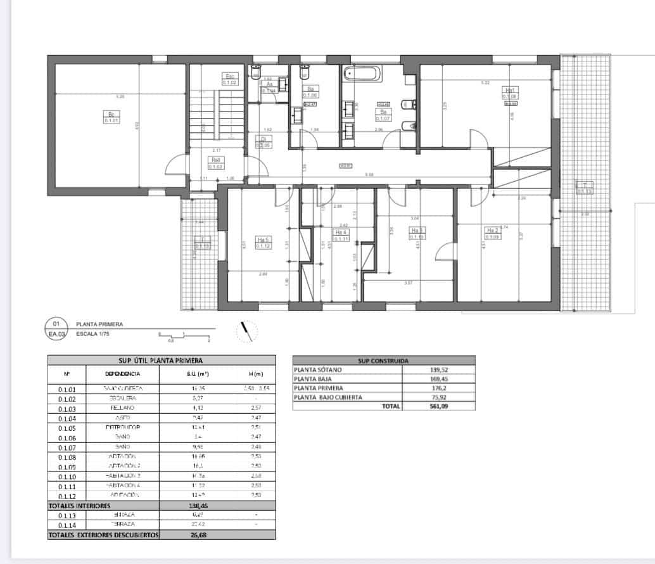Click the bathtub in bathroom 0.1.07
point(363,74)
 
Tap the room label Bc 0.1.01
point(110,117)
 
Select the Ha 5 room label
point(264,243)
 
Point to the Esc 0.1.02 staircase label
point(229,79)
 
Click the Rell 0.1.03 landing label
point(215,163)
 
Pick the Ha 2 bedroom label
point(492,233)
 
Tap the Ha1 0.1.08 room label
point(510,93)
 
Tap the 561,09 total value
point(438,407)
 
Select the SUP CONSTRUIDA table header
point(383,360)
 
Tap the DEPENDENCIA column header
point(123,374)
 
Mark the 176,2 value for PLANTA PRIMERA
point(438,388)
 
